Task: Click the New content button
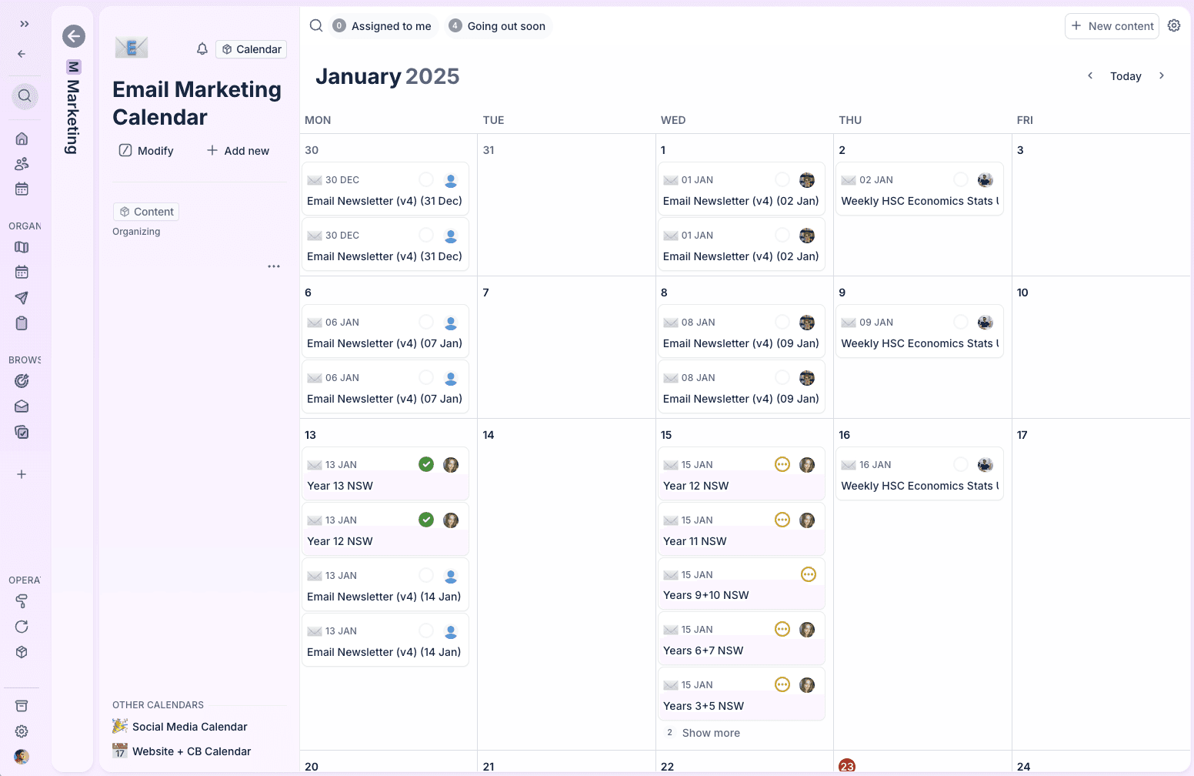1112,26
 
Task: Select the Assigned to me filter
383,26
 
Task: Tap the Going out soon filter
498,26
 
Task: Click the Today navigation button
1126,76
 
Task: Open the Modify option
146,151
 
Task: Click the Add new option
238,151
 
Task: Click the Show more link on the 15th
711,733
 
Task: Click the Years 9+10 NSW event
741,584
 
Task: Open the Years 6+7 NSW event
741,639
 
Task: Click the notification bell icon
202,49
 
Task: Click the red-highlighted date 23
846,767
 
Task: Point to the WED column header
672,120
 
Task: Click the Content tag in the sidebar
146,212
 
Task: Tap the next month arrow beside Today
1162,75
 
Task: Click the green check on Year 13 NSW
426,464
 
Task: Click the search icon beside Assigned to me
316,25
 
